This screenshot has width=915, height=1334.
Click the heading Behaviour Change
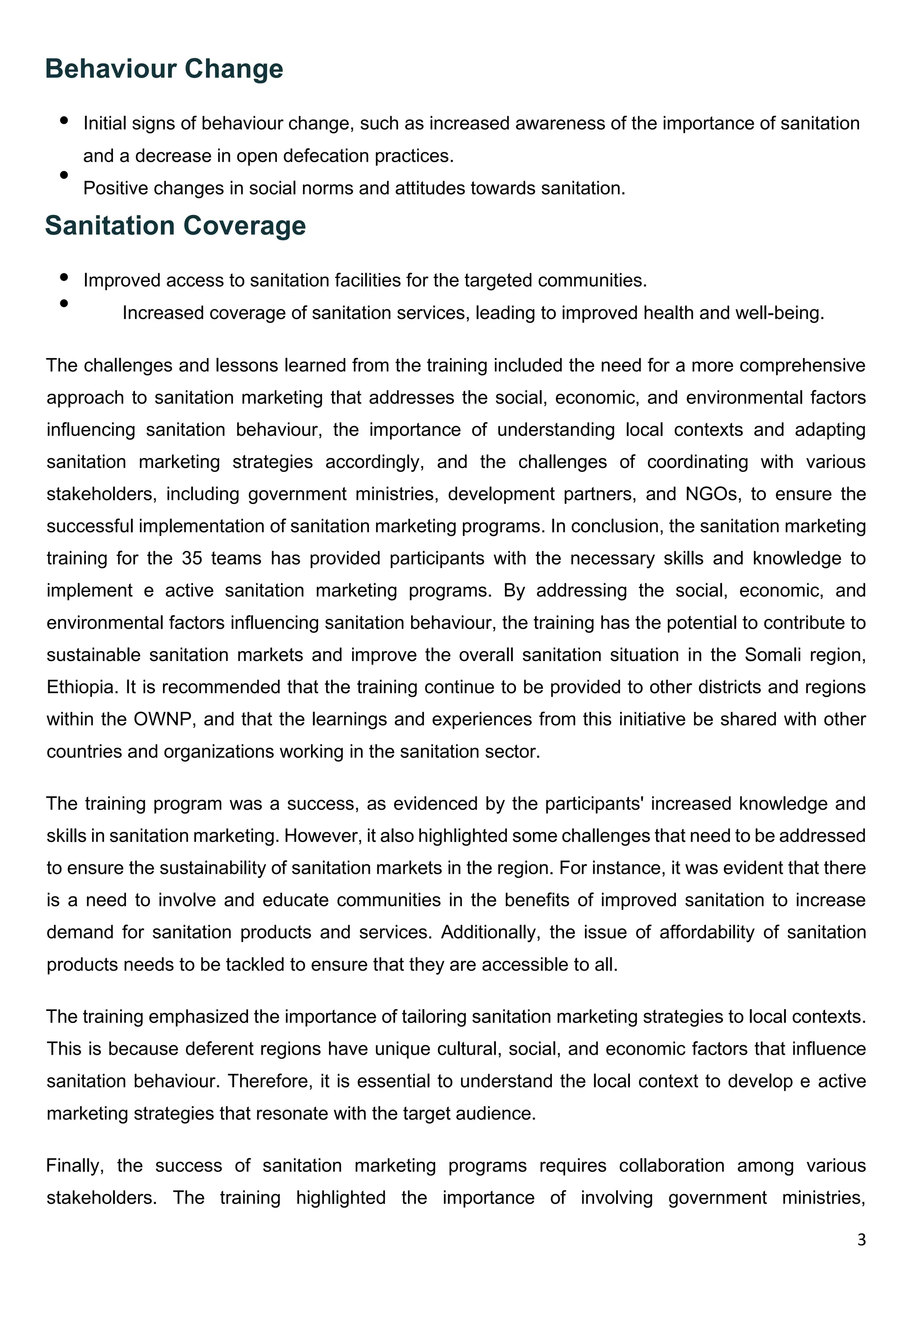164,69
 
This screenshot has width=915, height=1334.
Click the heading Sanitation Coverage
175,226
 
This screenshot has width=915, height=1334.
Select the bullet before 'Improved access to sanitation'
64,277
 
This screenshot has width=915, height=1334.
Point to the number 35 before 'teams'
192,559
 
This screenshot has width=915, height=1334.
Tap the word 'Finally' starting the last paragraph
75,1166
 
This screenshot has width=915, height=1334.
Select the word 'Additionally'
490,932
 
